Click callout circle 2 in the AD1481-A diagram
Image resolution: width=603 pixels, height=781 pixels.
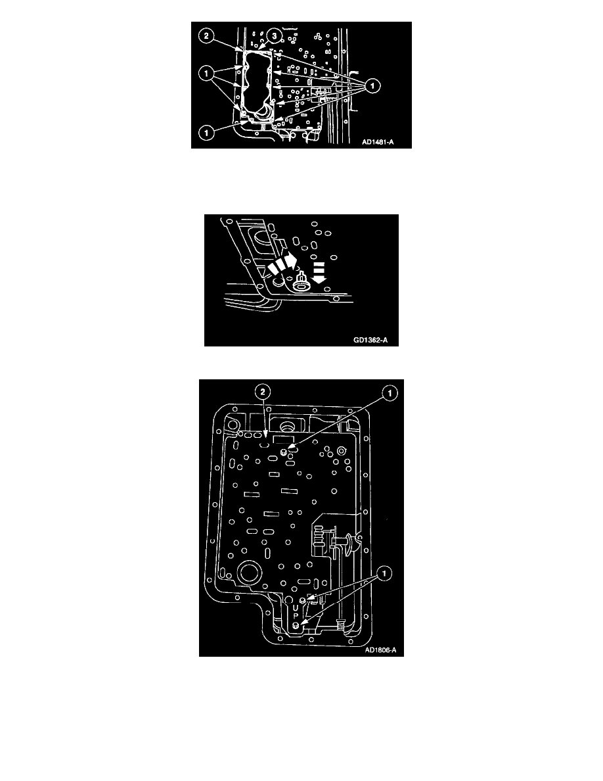tap(206, 36)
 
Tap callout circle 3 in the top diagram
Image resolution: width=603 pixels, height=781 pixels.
tap(274, 36)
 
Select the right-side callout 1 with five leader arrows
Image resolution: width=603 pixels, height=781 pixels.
tap(372, 86)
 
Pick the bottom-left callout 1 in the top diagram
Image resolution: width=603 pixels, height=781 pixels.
tap(206, 133)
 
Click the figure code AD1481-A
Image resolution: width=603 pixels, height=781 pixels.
tap(378, 142)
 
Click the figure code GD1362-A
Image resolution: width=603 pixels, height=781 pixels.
tap(370, 340)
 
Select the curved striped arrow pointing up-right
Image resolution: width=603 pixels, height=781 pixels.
tap(282, 263)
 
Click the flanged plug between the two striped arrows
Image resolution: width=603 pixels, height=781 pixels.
tap(300, 282)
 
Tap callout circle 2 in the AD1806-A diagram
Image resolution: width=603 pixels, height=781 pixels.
tap(263, 392)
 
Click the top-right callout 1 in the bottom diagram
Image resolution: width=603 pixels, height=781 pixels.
tap(390, 394)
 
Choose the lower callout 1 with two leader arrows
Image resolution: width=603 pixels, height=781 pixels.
tap(384, 574)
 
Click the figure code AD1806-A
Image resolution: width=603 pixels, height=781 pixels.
tap(380, 650)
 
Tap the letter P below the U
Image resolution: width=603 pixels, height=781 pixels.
tap(296, 617)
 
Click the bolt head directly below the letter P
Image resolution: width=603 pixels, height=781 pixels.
tap(296, 627)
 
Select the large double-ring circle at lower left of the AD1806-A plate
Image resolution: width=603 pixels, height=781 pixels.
tap(250, 573)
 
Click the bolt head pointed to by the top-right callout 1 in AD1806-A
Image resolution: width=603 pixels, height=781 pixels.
tap(284, 452)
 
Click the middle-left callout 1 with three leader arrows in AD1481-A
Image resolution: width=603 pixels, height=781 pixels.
tap(206, 74)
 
